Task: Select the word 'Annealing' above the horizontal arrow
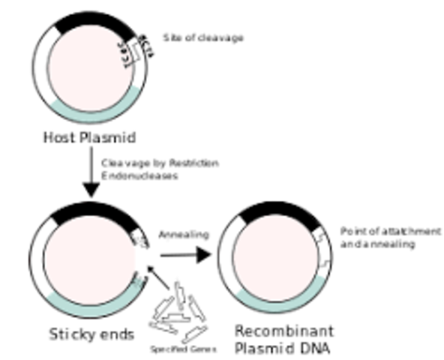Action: pos(183,235)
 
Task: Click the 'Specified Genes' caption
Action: pos(183,349)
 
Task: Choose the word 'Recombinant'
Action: pos(284,331)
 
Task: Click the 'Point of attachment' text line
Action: pos(390,231)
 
